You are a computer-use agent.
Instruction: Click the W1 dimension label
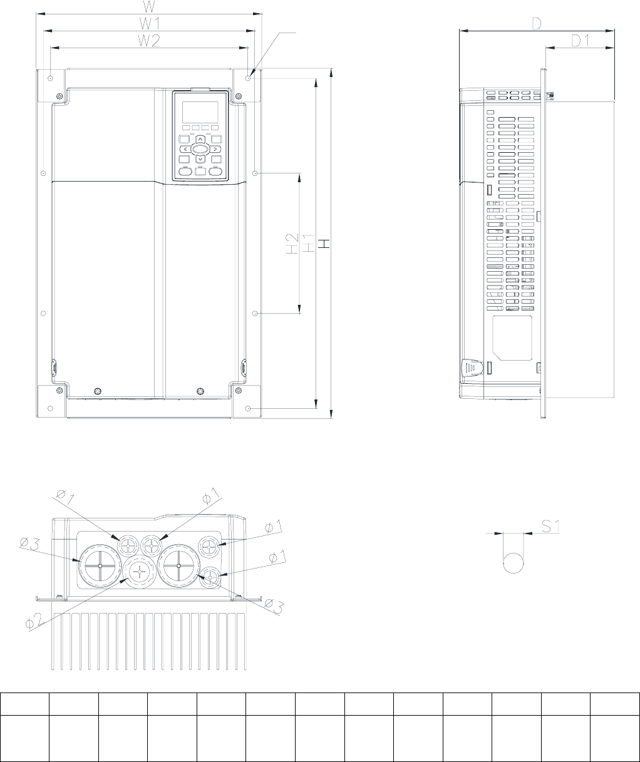pos(150,24)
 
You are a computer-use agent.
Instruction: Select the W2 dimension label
pos(149,41)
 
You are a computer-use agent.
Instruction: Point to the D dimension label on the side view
pos(536,24)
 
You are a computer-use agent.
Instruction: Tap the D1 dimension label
pos(581,41)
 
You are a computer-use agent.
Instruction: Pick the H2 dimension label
pos(292,244)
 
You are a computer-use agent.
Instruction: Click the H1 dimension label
pos(309,243)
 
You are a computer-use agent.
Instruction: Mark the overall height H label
pos(324,244)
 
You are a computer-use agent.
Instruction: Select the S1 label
pos(550,526)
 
